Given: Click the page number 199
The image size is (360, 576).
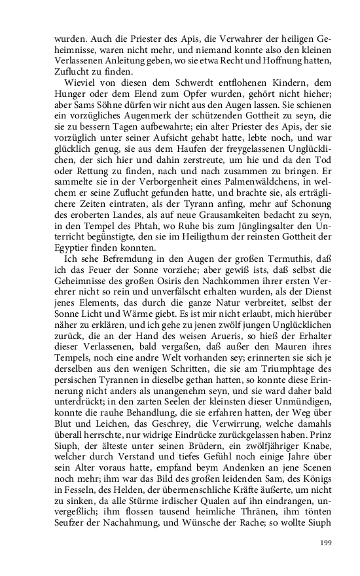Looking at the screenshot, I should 326,543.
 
